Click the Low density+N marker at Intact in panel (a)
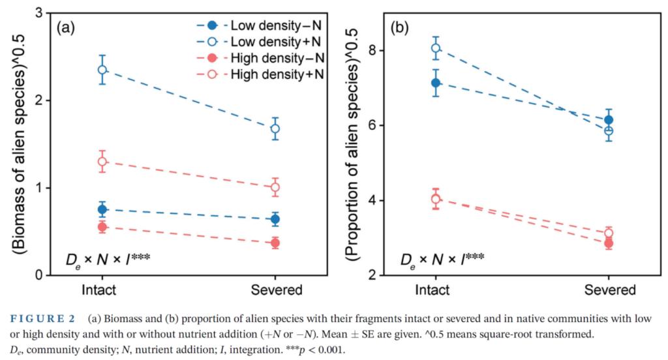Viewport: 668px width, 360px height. [102, 70]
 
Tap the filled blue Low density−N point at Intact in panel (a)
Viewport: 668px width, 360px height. [102, 209]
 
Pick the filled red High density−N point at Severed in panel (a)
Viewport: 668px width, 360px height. [275, 243]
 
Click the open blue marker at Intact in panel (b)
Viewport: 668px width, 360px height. [436, 48]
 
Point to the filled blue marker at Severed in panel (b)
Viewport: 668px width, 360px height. [609, 120]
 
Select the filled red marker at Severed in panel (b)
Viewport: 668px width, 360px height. [609, 243]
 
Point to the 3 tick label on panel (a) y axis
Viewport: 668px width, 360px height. [39, 14]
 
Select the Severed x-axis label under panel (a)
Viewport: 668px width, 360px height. [275, 290]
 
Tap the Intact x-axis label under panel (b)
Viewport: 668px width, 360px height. [436, 290]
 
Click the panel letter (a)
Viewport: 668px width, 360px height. [67, 28]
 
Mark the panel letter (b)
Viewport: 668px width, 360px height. [399, 28]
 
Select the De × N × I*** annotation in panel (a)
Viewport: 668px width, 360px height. [108, 258]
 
